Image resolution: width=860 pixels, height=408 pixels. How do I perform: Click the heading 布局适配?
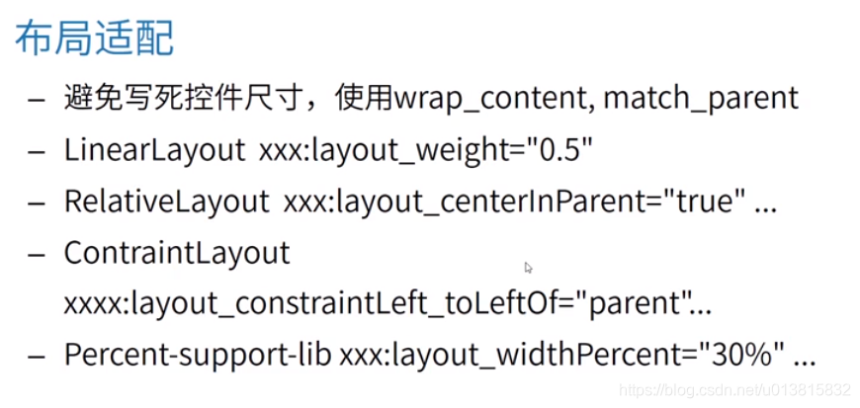[95, 39]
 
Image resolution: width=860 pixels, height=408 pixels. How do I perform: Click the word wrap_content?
[491, 98]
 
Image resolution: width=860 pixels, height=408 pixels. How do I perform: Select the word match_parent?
[700, 98]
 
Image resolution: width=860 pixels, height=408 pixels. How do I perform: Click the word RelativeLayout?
[166, 201]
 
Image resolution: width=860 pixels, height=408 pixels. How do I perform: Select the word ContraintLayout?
[177, 252]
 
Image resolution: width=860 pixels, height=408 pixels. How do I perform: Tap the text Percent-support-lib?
[198, 354]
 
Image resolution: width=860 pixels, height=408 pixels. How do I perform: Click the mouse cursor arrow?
[529, 267]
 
